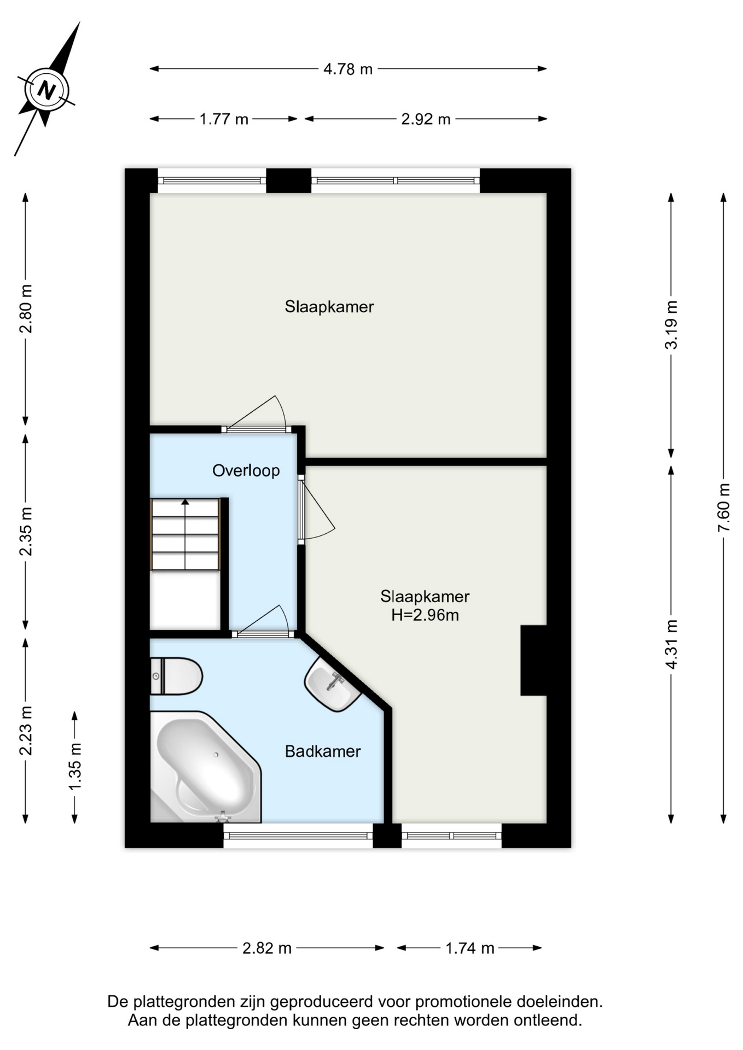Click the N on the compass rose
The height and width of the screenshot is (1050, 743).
(47, 90)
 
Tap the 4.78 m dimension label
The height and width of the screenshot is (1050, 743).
(348, 69)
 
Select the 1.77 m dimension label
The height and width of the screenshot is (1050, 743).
(224, 119)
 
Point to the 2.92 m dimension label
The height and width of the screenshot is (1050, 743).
(426, 119)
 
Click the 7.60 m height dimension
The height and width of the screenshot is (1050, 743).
(724, 507)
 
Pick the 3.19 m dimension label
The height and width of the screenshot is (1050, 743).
(671, 325)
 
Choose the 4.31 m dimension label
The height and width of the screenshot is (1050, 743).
(671, 644)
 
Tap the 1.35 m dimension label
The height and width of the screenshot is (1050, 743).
(75, 766)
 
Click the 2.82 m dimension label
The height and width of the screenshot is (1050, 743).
(267, 948)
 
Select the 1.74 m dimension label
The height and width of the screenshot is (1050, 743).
(470, 948)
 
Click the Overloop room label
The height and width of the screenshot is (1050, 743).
(246, 471)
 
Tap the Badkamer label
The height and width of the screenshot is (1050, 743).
(323, 751)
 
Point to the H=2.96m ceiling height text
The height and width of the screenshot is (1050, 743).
(425, 615)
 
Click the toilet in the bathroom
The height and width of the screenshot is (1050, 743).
(176, 676)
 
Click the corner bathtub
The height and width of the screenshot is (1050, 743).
(205, 767)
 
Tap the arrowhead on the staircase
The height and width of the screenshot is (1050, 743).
(185, 501)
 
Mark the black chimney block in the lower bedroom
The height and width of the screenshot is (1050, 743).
(533, 661)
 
